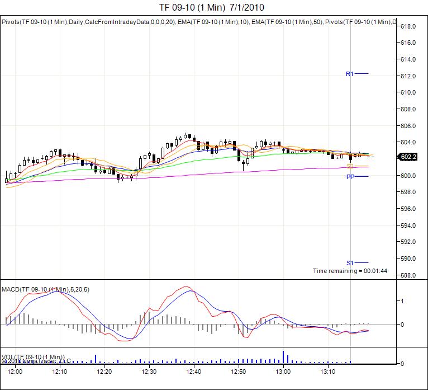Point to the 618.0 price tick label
pos(410,26)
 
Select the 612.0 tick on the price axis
pos(410,76)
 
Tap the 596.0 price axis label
pos(410,209)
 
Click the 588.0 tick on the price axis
pos(410,275)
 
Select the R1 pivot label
pos(350,74)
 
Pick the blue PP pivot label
pos(350,177)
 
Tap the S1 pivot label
pos(350,263)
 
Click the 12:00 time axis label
pos(15,372)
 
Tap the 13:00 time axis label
pos(283,372)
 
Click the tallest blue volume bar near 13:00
pos(283,357)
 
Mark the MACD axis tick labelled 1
pos(402,301)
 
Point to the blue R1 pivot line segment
pos(361,74)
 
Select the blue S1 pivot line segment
pos(361,263)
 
